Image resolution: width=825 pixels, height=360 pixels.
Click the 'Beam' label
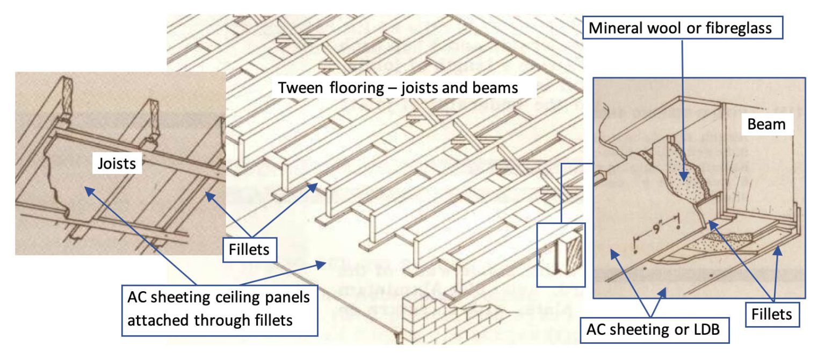767,125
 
